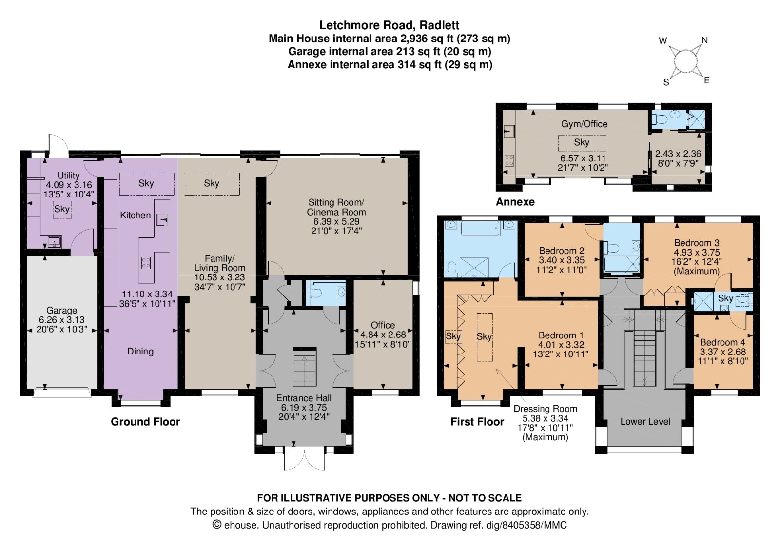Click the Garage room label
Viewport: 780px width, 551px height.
(61, 310)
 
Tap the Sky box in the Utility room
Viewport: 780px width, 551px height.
(62, 209)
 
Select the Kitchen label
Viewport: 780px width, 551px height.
(136, 215)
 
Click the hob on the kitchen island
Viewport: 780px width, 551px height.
(146, 263)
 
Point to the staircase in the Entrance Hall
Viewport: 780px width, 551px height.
(305, 367)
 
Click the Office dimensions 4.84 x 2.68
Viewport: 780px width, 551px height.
(383, 335)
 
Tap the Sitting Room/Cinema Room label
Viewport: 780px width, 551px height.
(336, 207)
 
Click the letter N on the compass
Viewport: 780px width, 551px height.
(705, 41)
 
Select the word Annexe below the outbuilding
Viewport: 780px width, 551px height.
(515, 202)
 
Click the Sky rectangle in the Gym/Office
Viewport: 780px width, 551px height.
(582, 143)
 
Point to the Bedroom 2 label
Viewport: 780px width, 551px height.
(562, 251)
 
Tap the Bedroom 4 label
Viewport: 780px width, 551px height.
(723, 342)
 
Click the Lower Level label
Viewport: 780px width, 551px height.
(645, 422)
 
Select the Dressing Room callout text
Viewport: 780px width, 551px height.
(546, 423)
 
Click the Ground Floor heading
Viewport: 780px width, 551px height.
(145, 422)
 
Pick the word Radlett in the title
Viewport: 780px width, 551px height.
(439, 25)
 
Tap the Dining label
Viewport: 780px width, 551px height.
(140, 352)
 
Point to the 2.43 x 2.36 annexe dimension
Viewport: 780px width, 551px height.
(678, 154)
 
